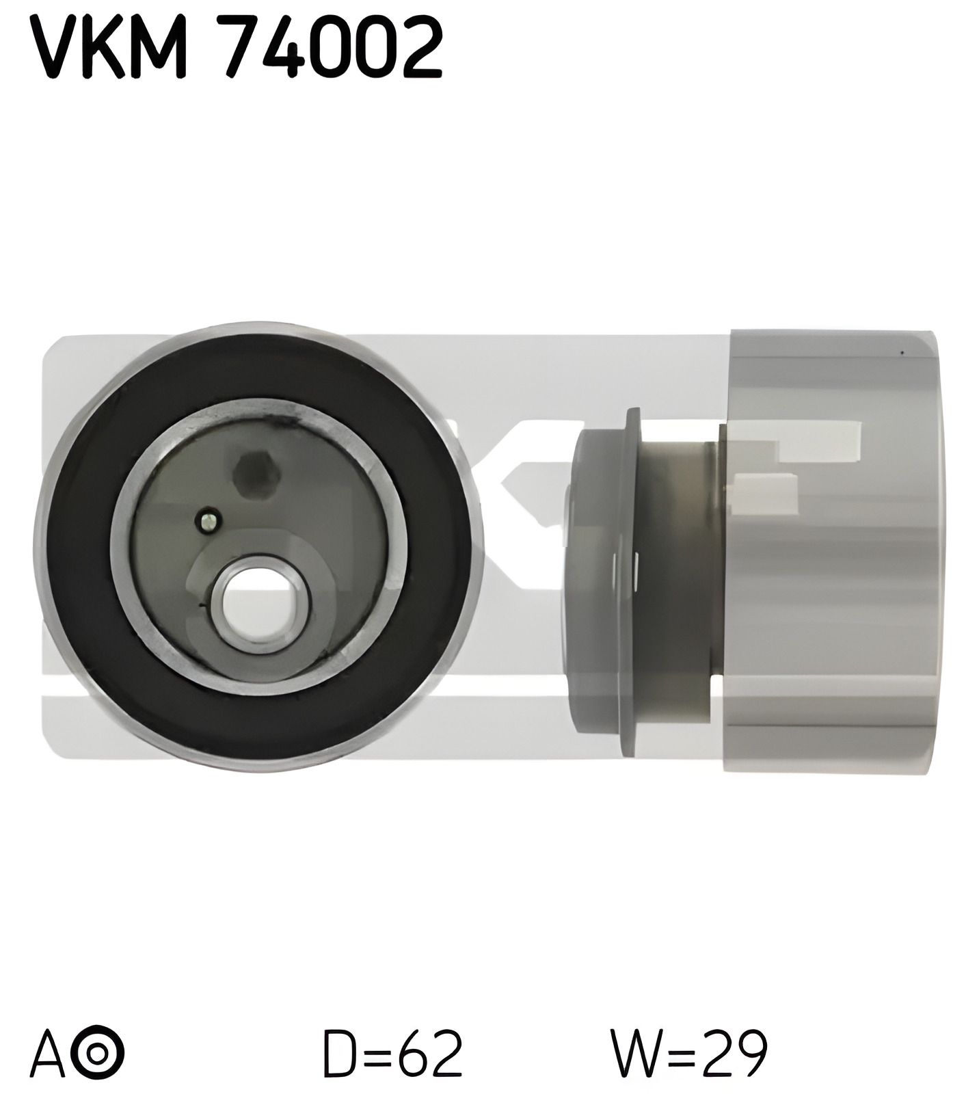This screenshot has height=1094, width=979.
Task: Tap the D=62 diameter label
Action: tap(392, 1053)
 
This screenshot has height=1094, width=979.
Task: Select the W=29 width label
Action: tap(690, 1053)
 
